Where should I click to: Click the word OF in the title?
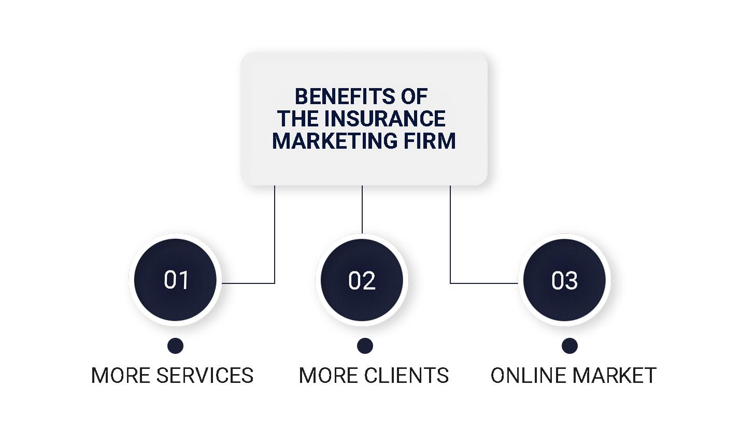[414, 97]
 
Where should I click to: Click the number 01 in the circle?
[176, 280]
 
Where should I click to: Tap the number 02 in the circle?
[362, 280]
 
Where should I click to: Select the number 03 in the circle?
[564, 280]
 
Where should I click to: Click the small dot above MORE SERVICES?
[175, 346]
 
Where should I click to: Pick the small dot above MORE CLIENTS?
[365, 346]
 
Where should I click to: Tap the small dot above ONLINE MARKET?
[569, 346]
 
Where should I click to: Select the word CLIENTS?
[406, 375]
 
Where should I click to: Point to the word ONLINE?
[528, 375]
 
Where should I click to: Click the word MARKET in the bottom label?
[615, 375]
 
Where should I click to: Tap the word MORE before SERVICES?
[121, 375]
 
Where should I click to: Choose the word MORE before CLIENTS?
[329, 375]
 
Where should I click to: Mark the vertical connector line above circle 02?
[362, 209]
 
